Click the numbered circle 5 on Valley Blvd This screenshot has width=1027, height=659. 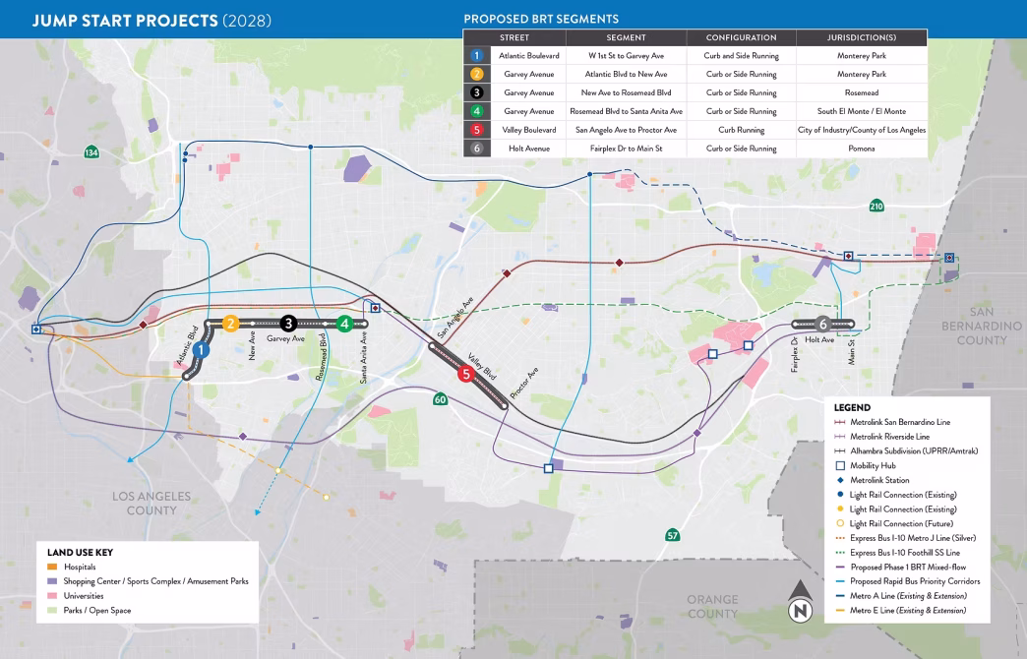(x=465, y=373)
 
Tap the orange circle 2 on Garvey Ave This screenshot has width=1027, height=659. (x=230, y=323)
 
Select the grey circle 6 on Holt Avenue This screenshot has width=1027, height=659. (x=822, y=323)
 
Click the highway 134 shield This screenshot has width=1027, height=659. (x=91, y=152)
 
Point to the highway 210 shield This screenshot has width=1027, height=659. (x=876, y=206)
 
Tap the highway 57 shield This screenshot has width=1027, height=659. (x=672, y=535)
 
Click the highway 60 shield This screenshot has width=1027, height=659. (x=441, y=399)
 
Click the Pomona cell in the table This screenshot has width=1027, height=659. (x=862, y=149)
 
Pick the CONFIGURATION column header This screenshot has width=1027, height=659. (x=741, y=37)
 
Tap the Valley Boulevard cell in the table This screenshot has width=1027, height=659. (x=529, y=130)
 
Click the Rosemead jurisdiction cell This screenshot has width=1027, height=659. (x=862, y=92)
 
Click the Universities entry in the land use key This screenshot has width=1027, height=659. (x=85, y=596)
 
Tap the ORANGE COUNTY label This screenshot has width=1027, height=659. (x=711, y=606)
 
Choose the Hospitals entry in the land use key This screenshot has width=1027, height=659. (x=80, y=568)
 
